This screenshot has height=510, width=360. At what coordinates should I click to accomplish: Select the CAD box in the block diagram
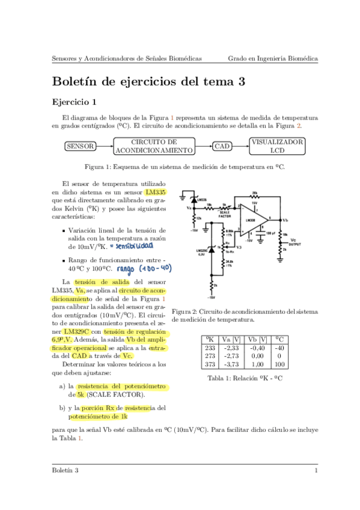222,146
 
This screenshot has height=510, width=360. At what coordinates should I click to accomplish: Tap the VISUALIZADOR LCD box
276,146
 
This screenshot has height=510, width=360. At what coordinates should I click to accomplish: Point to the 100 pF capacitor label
269,232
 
